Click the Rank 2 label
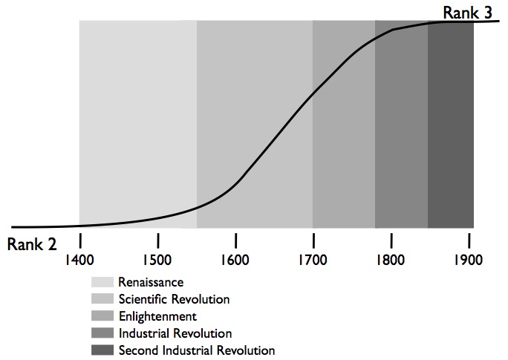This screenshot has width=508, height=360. [x=32, y=244]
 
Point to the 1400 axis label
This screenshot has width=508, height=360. [x=79, y=261]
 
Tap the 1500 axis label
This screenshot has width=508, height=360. [x=157, y=261]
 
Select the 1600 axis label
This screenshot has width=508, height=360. [x=235, y=261]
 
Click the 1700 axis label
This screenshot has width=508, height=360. [x=313, y=261]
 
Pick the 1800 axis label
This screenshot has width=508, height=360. [x=391, y=261]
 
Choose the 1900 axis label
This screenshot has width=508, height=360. [x=469, y=261]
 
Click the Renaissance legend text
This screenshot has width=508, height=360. [x=151, y=282]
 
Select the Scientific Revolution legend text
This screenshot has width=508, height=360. [x=174, y=299]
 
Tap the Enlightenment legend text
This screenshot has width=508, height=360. [x=157, y=316]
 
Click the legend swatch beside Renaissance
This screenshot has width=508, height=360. [x=102, y=282]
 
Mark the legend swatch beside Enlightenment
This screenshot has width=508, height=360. [x=102, y=316]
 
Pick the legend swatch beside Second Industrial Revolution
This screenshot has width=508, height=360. [x=102, y=350]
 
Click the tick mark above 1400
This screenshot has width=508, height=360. [x=79, y=240]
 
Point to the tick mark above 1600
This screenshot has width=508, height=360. [x=235, y=240]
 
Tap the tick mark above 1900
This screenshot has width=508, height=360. [x=469, y=240]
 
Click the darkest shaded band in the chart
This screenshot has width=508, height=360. [x=451, y=126]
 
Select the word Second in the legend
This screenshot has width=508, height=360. [x=137, y=350]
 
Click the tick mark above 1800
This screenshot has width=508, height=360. [x=391, y=240]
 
